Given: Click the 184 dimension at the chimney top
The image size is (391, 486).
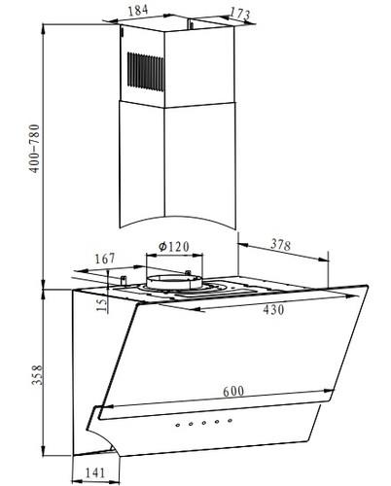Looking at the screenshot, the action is pos(138,10).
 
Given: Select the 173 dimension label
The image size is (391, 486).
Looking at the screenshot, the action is pos(240,14).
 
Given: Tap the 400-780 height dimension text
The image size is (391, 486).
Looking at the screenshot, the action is pos(35,149).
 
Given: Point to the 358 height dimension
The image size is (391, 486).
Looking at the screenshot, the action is pos(37,375).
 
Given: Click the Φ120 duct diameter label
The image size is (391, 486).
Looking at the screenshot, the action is pos(174,247).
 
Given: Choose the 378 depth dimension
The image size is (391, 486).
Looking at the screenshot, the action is pos(281,245).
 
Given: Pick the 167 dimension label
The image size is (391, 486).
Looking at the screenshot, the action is pos(105,259).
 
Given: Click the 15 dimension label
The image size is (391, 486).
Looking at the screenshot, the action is pos(101,305).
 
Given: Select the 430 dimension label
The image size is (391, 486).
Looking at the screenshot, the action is pos(273,310).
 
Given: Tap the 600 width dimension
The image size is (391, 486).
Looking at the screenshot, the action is pos(233,391).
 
